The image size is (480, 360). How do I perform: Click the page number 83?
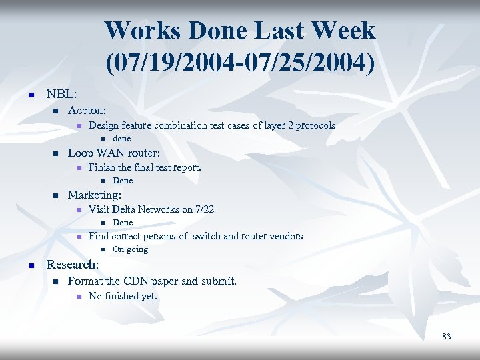click(446, 337)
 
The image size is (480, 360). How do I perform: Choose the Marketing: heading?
click(95, 195)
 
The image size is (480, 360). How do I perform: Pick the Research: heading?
click(73, 265)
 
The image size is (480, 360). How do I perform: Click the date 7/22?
click(202, 209)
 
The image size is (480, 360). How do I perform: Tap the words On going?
click(130, 249)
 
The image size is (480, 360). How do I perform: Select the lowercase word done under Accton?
click(121, 139)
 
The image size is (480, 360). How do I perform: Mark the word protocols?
click(315, 125)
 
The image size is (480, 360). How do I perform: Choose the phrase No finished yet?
click(123, 296)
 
